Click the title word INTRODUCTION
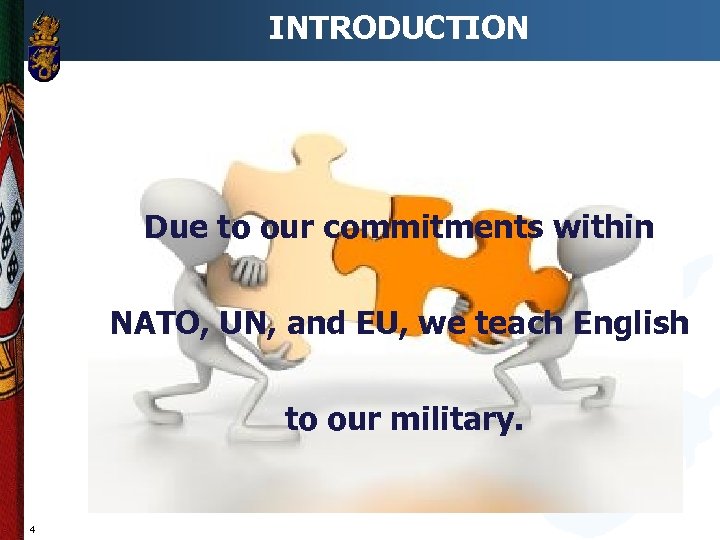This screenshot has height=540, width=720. [x=398, y=27]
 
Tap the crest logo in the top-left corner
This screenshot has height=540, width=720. [x=44, y=47]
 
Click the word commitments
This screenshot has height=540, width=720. [x=435, y=228]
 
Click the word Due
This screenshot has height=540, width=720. [x=177, y=228]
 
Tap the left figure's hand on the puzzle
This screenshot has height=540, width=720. [x=244, y=268]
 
